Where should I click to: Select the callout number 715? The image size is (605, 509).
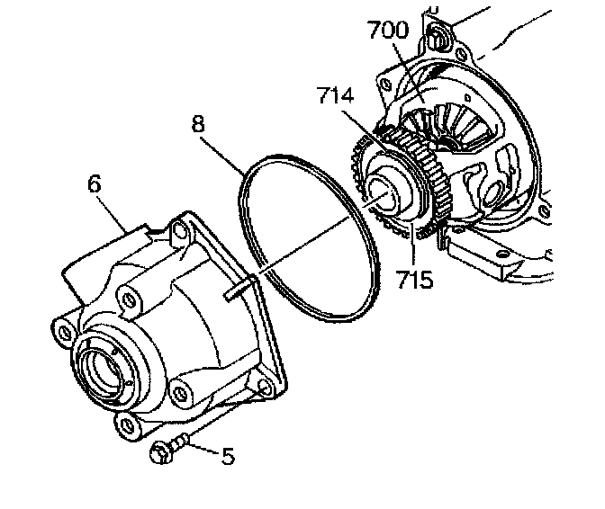pyautogui.click(x=415, y=279)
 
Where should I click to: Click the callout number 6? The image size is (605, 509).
pyautogui.click(x=94, y=184)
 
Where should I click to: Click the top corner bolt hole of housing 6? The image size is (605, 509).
pyautogui.click(x=176, y=233)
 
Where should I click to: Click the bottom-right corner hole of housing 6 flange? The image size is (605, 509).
pyautogui.click(x=263, y=389)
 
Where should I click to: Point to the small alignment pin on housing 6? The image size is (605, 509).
pyautogui.click(x=237, y=289)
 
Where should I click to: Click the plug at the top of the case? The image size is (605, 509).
pyautogui.click(x=438, y=38)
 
